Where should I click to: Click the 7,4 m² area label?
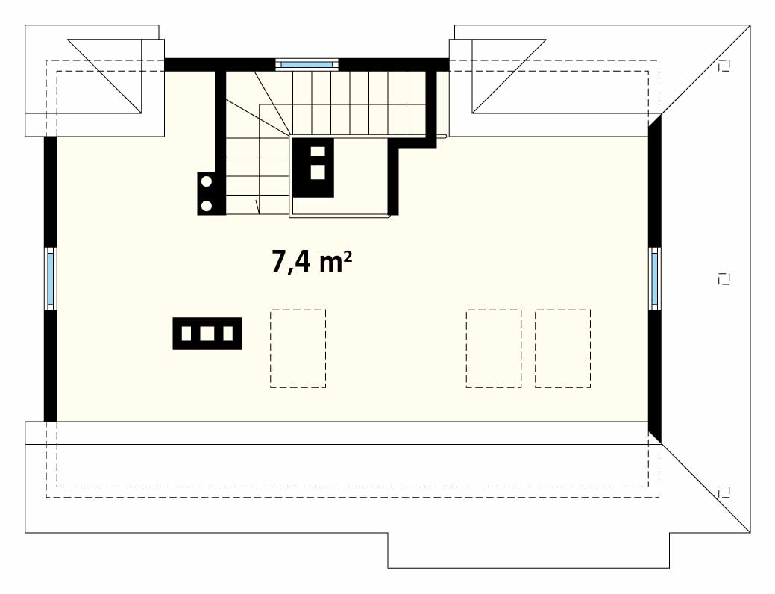pos(312,261)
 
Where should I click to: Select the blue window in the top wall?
pos(307,63)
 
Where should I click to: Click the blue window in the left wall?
pos(51,279)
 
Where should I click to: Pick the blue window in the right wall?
pos(655,279)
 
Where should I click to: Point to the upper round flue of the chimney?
pos(207,181)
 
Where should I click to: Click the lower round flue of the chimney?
pos(207,204)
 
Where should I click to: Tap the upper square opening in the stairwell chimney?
pos(317,151)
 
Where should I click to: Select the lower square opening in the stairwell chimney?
pos(317,172)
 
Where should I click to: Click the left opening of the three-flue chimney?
pos(186,334)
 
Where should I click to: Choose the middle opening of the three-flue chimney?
pos(207,334)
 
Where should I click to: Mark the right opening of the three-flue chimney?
pos(228,334)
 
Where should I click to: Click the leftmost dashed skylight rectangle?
pos(298,348)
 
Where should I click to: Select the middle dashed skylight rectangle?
pos(494,348)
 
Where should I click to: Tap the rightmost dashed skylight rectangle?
pos(562,348)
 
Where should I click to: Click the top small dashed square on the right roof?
pos(724,66)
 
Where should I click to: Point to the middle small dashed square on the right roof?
pos(724,279)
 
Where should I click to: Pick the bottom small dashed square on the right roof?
pos(724,492)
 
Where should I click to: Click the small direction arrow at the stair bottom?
pos(257,207)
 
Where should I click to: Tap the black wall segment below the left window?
pos(51,366)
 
